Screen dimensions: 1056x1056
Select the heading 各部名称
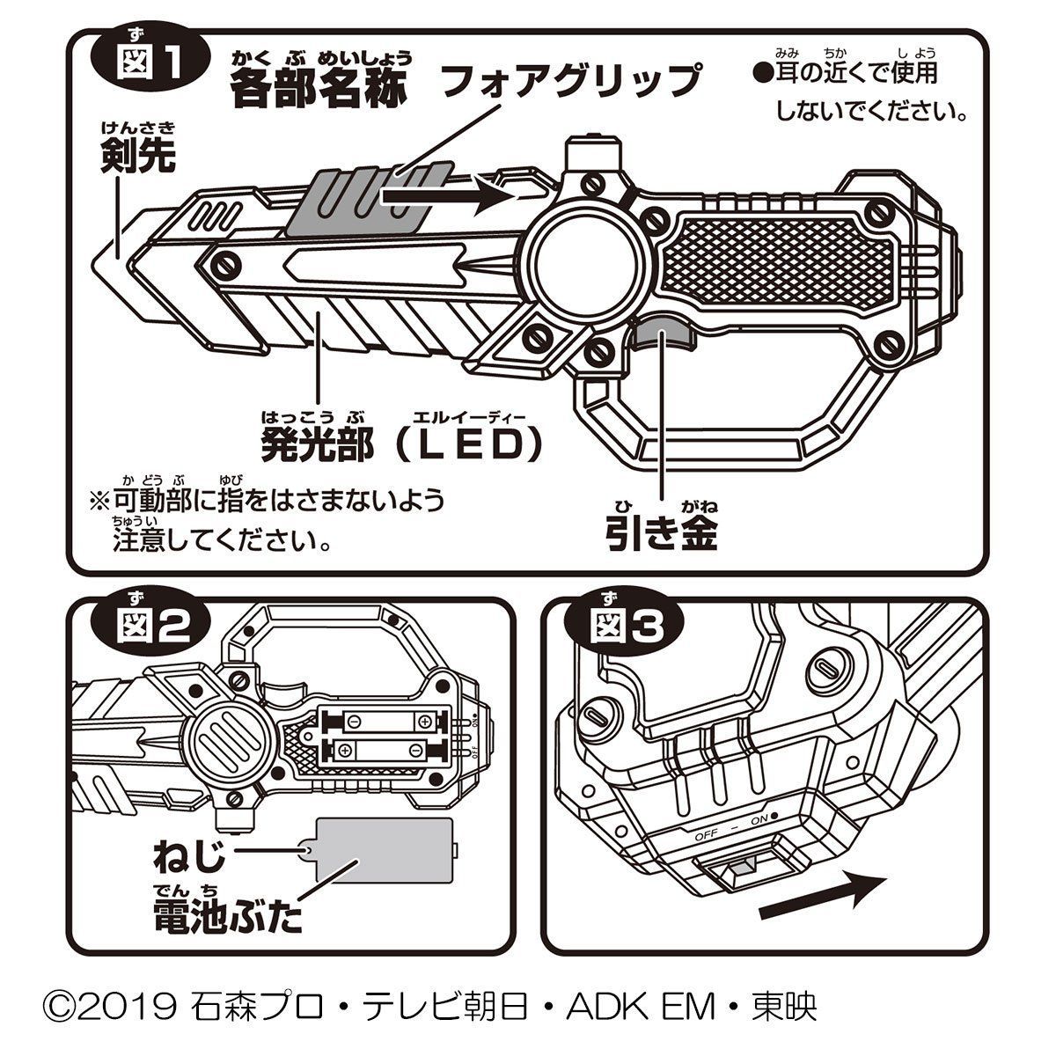coord(320,86)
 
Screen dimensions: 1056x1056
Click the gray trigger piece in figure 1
coord(662,334)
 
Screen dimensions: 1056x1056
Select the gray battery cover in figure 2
coord(384,857)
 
